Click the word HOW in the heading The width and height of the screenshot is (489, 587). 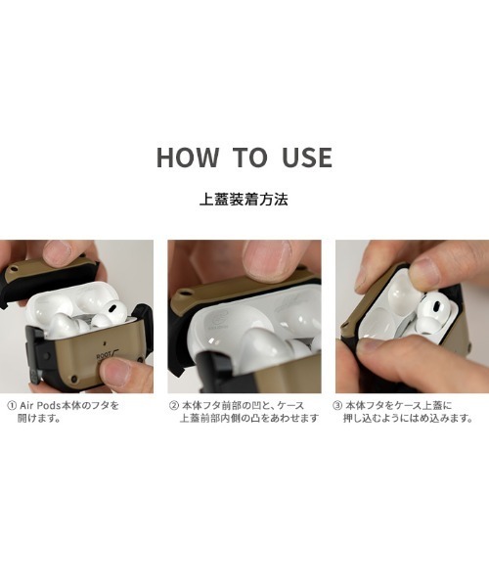coord(188,157)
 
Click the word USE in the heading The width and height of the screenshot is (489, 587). coord(307,158)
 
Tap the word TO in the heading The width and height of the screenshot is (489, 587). coord(249,157)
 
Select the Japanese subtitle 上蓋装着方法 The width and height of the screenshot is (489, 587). coord(244,200)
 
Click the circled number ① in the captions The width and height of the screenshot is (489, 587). coord(12,405)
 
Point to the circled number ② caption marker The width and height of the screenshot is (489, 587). coord(174,405)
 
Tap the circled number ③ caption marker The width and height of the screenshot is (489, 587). coord(337,405)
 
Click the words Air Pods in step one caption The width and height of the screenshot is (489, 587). coord(40,405)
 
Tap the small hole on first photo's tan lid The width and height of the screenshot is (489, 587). coord(14,269)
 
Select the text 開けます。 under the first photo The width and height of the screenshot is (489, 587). coord(39,418)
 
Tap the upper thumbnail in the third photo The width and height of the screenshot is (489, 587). coord(423,271)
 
